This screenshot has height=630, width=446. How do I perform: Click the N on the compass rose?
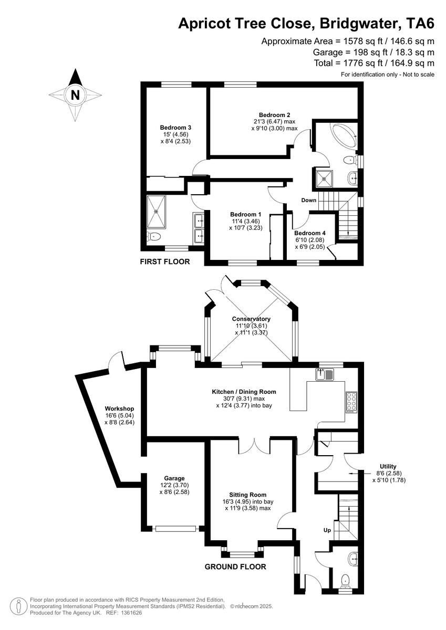pyautogui.click(x=76, y=95)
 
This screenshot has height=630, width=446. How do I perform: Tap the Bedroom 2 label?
pyautogui.click(x=274, y=115)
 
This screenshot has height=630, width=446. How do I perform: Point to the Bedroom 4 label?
pyautogui.click(x=310, y=233)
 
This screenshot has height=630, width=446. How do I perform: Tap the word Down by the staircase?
pyautogui.click(x=309, y=201)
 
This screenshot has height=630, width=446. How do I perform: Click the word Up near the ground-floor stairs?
pyautogui.click(x=326, y=530)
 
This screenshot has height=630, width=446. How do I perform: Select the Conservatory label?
pyautogui.click(x=252, y=319)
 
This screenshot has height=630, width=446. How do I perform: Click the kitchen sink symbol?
pyautogui.click(x=325, y=374)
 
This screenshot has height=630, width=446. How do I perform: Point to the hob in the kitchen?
pyautogui.click(x=350, y=402)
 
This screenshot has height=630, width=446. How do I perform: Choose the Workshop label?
pyautogui.click(x=119, y=408)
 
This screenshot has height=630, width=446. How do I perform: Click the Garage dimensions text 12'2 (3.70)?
pyautogui.click(x=174, y=485)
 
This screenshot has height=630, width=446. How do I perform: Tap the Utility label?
pyautogui.click(x=388, y=466)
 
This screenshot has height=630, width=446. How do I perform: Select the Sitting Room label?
pyautogui.click(x=247, y=495)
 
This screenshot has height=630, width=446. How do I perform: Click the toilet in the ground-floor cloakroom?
pyautogui.click(x=345, y=581)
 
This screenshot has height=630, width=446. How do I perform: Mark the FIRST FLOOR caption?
pyautogui.click(x=164, y=261)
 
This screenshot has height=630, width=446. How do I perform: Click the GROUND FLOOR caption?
pyautogui.click(x=235, y=566)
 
